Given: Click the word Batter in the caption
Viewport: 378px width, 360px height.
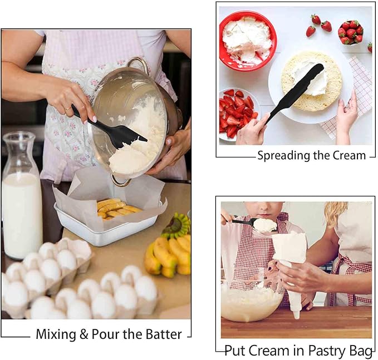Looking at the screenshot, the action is coord(164,334).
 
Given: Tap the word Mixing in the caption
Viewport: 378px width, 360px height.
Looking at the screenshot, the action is coord(56,335).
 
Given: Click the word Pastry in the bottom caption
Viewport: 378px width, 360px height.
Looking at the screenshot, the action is coord(326,351).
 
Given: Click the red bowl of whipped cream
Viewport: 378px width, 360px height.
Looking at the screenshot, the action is coord(248,41).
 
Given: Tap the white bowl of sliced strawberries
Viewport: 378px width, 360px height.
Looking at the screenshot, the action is coord(239,114).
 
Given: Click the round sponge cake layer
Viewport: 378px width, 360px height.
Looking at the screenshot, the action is coord(312,81).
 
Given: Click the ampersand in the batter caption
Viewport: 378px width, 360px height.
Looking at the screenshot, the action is coord(84,334).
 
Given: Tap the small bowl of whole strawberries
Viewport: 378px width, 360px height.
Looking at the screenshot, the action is coord(350,33).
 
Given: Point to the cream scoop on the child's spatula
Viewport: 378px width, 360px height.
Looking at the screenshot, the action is coord(265,225).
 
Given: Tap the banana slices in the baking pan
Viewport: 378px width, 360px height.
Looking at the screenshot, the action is coord(117,209).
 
